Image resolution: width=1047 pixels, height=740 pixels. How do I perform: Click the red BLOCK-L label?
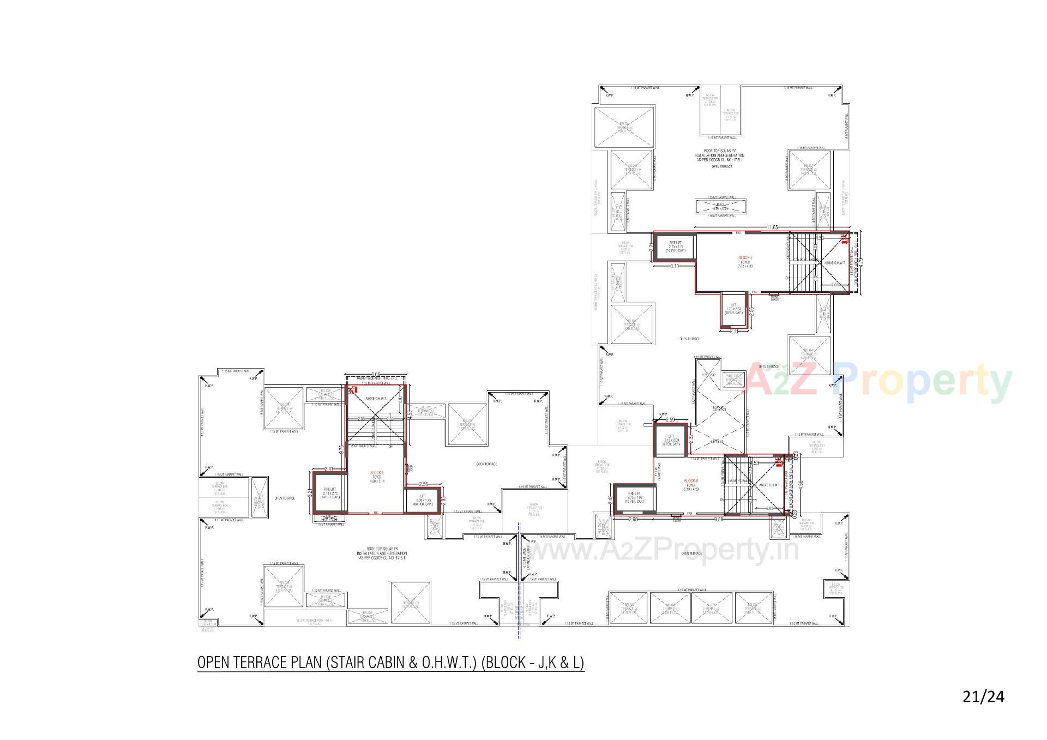click(377, 472)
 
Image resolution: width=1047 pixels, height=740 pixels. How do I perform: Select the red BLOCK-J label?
click(745, 257)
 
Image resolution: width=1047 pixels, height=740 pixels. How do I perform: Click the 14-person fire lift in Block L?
click(330, 493)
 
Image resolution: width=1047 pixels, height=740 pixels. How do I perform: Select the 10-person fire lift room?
click(676, 246)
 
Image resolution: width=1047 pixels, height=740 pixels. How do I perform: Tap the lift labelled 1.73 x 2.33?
click(733, 309)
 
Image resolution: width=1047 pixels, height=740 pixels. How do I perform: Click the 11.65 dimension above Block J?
click(772, 227)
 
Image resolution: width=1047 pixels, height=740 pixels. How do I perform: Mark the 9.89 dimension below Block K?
click(719, 519)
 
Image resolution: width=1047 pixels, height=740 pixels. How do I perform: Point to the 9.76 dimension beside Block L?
click(341, 449)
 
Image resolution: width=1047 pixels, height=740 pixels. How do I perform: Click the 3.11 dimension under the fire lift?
click(674, 266)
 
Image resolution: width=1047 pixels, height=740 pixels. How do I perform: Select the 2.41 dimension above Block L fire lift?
click(329, 468)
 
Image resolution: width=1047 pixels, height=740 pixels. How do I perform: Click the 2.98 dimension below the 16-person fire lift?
click(633, 520)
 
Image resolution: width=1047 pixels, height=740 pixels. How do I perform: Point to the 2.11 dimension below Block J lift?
click(733, 331)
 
